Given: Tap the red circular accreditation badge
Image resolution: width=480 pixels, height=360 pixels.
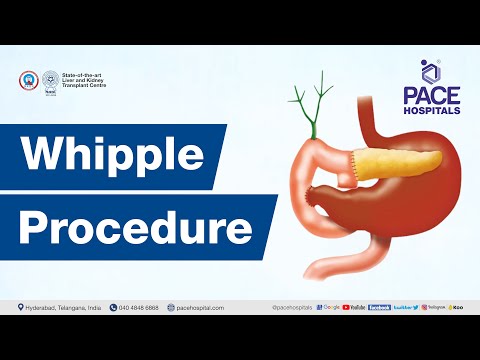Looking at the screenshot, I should click(28, 80).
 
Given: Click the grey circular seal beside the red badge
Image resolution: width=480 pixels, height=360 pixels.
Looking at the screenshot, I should click(49, 80).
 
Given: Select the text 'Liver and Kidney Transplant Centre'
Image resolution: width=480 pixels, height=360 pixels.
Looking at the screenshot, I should click(84, 82).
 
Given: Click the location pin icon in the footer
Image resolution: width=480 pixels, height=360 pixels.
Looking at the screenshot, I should click(21, 307).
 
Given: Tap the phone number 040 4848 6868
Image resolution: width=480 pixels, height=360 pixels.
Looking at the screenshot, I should click(139, 307).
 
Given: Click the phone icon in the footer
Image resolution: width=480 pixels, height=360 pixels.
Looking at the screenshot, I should click(114, 307).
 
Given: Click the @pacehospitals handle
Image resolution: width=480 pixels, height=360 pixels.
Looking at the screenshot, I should click(292, 307).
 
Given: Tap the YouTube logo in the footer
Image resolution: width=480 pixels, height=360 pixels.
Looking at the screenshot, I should click(354, 307).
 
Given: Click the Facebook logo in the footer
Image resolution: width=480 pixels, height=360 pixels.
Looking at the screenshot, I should click(380, 307).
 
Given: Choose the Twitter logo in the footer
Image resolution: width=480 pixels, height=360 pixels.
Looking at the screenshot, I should click(406, 307).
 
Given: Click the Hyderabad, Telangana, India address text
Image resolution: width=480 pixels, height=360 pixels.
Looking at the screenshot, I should click(61, 307).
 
